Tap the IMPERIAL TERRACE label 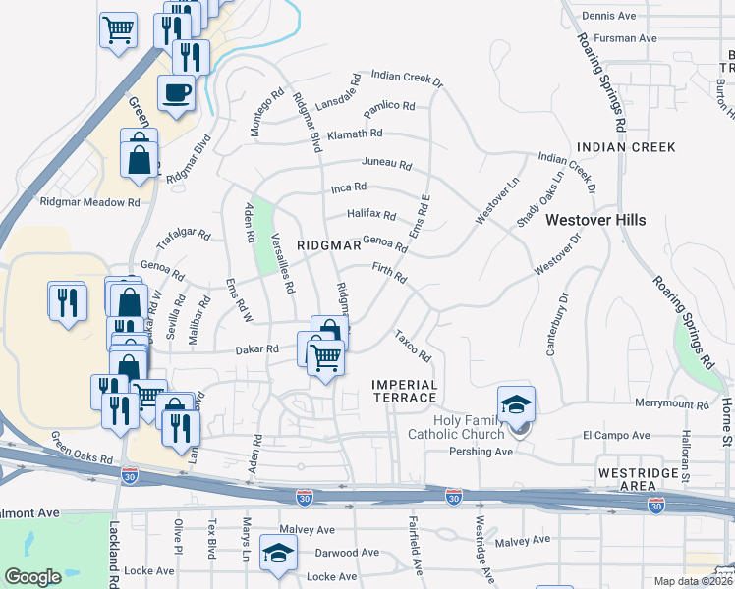[404, 390]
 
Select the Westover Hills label [595, 220]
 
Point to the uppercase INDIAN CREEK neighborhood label [627, 147]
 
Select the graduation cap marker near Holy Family [516, 403]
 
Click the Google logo [32, 576]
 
